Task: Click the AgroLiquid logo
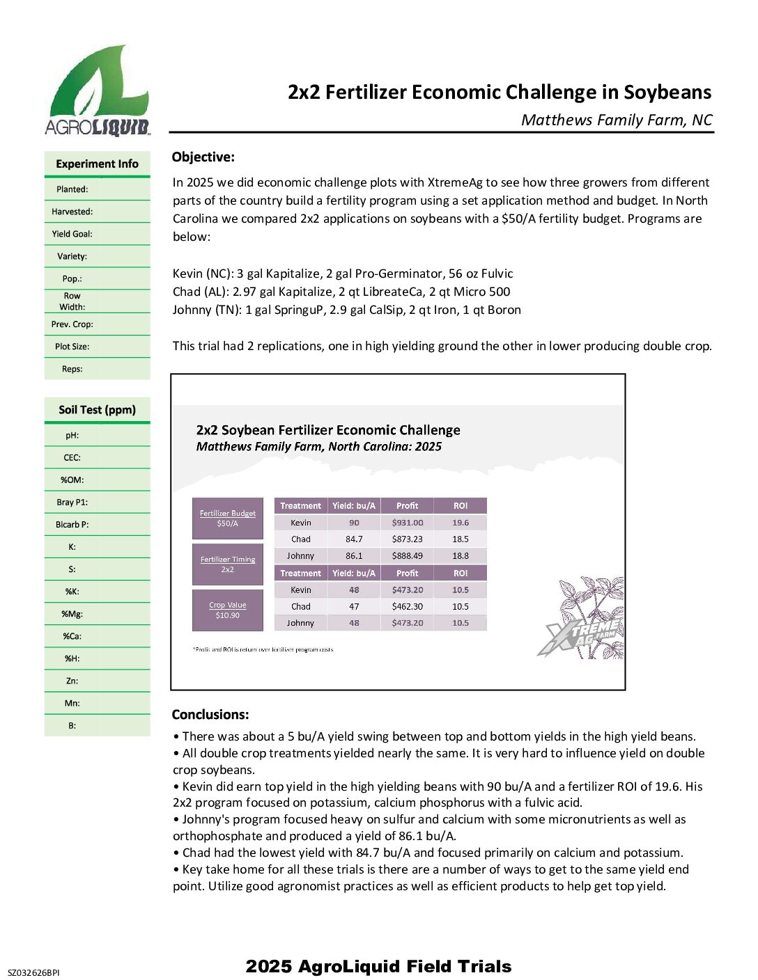pyautogui.click(x=98, y=90)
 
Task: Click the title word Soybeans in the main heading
pyautogui.click(x=667, y=93)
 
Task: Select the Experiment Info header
pyautogui.click(x=97, y=164)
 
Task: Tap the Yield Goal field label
pyautogui.click(x=72, y=234)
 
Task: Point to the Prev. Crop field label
pyautogui.click(x=72, y=324)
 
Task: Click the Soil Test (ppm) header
pyautogui.click(x=97, y=410)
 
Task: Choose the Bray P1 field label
pyautogui.click(x=72, y=503)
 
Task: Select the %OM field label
pyautogui.click(x=72, y=480)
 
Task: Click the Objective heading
pyautogui.click(x=203, y=157)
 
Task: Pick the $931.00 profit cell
pyautogui.click(x=407, y=523)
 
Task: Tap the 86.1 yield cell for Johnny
pyautogui.click(x=354, y=556)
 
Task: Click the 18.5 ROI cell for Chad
pyautogui.click(x=460, y=539)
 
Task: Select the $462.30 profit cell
pyautogui.click(x=407, y=607)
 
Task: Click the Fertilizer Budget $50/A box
pyautogui.click(x=228, y=519)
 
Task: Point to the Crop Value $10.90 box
pyautogui.click(x=228, y=610)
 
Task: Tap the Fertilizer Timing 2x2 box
pyautogui.click(x=228, y=564)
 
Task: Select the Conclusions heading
pyautogui.click(x=210, y=715)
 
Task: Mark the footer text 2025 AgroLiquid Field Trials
pyautogui.click(x=378, y=966)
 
